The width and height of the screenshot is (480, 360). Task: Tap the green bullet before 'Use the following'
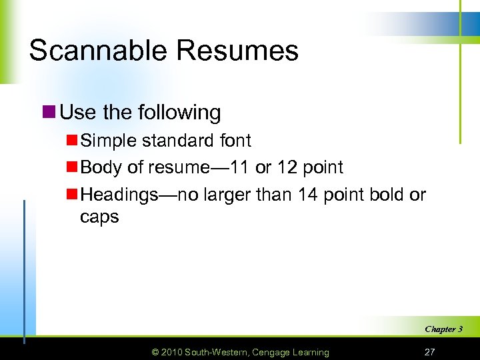[49, 112]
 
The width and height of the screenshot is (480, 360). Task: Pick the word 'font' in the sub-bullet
[235, 141]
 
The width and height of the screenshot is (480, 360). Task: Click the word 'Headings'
[120, 195]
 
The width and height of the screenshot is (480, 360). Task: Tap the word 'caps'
[99, 217]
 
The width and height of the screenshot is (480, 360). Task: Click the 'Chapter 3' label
[443, 329]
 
